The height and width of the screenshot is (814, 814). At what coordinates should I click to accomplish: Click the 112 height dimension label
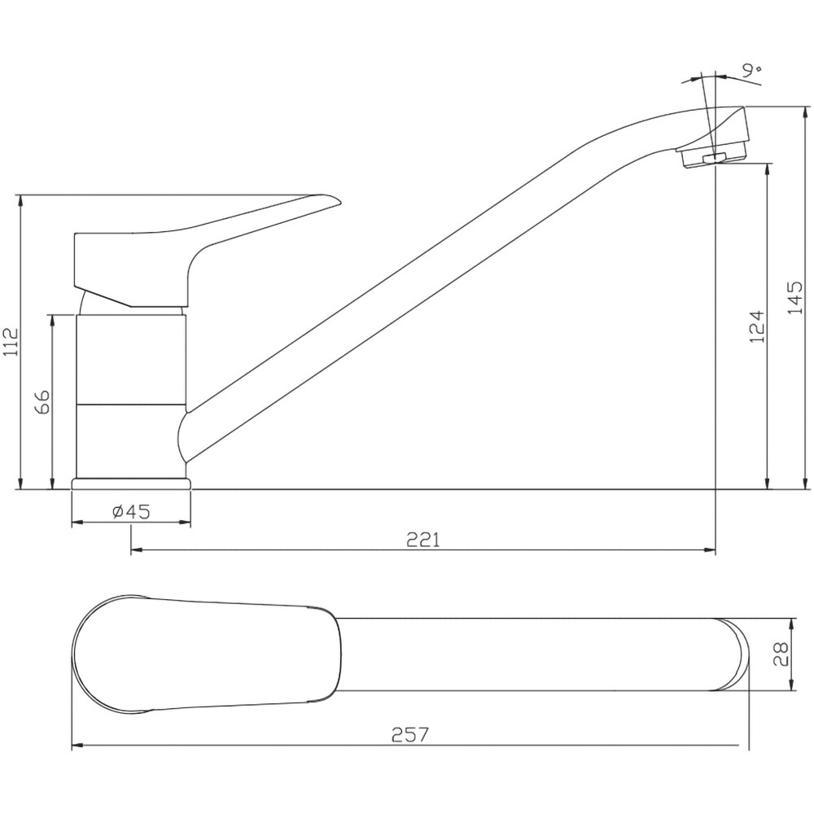pos(11,342)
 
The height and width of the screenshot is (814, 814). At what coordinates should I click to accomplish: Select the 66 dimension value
pos(43,401)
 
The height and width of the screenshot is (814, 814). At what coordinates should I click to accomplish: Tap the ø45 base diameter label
pos(131,512)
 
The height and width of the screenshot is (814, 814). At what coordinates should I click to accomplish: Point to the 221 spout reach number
pos(423,540)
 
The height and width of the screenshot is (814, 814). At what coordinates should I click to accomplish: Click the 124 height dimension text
pos(757,326)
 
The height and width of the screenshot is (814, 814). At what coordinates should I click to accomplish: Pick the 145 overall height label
pos(794,297)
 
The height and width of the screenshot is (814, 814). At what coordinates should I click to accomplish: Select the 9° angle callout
pos(751,71)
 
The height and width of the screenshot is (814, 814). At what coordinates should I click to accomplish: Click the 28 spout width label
pos(781,654)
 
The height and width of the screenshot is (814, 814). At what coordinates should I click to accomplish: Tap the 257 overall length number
pos(410,734)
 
